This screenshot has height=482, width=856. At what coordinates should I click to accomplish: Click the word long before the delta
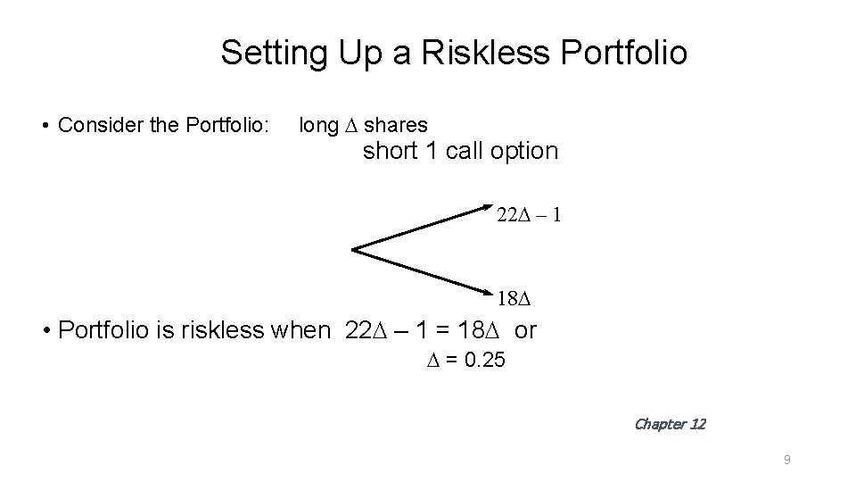318,125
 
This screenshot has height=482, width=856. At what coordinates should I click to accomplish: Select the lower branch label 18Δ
514,296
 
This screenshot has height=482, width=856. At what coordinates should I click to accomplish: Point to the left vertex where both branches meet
354,249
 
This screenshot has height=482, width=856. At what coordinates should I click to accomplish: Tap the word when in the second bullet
302,330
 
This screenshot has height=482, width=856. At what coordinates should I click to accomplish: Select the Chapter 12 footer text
669,424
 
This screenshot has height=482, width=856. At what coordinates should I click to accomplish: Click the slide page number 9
786,460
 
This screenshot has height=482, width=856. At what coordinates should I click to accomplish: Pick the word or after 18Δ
525,330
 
